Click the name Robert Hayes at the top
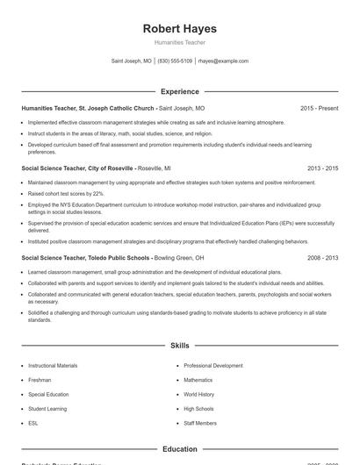click(x=179, y=29)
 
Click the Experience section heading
click(x=179, y=91)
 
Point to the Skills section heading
click(x=179, y=347)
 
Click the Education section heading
click(x=179, y=449)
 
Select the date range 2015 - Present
click(x=319, y=108)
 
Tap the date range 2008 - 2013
click(x=322, y=258)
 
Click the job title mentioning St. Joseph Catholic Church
click(x=88, y=108)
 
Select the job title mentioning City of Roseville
click(x=77, y=167)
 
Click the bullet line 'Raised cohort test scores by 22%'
click(x=66, y=193)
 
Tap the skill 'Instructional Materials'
click(x=53, y=365)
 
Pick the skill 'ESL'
click(x=33, y=423)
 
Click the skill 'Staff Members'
click(x=200, y=423)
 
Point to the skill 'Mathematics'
click(x=198, y=380)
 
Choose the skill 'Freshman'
click(x=40, y=380)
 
